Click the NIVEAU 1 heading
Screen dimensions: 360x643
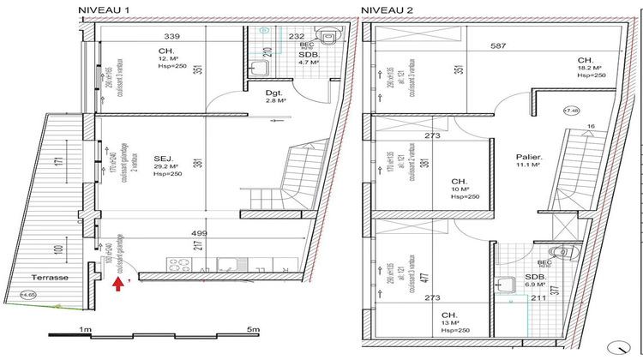105,9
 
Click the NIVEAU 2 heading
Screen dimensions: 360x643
387,9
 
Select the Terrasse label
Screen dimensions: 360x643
51,278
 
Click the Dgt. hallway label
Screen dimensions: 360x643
274,92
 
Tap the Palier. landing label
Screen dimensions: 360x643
527,157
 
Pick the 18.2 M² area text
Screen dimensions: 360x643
589,67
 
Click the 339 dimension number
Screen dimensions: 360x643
172,36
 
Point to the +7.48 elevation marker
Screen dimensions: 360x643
570,111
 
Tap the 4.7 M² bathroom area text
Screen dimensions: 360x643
309,63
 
